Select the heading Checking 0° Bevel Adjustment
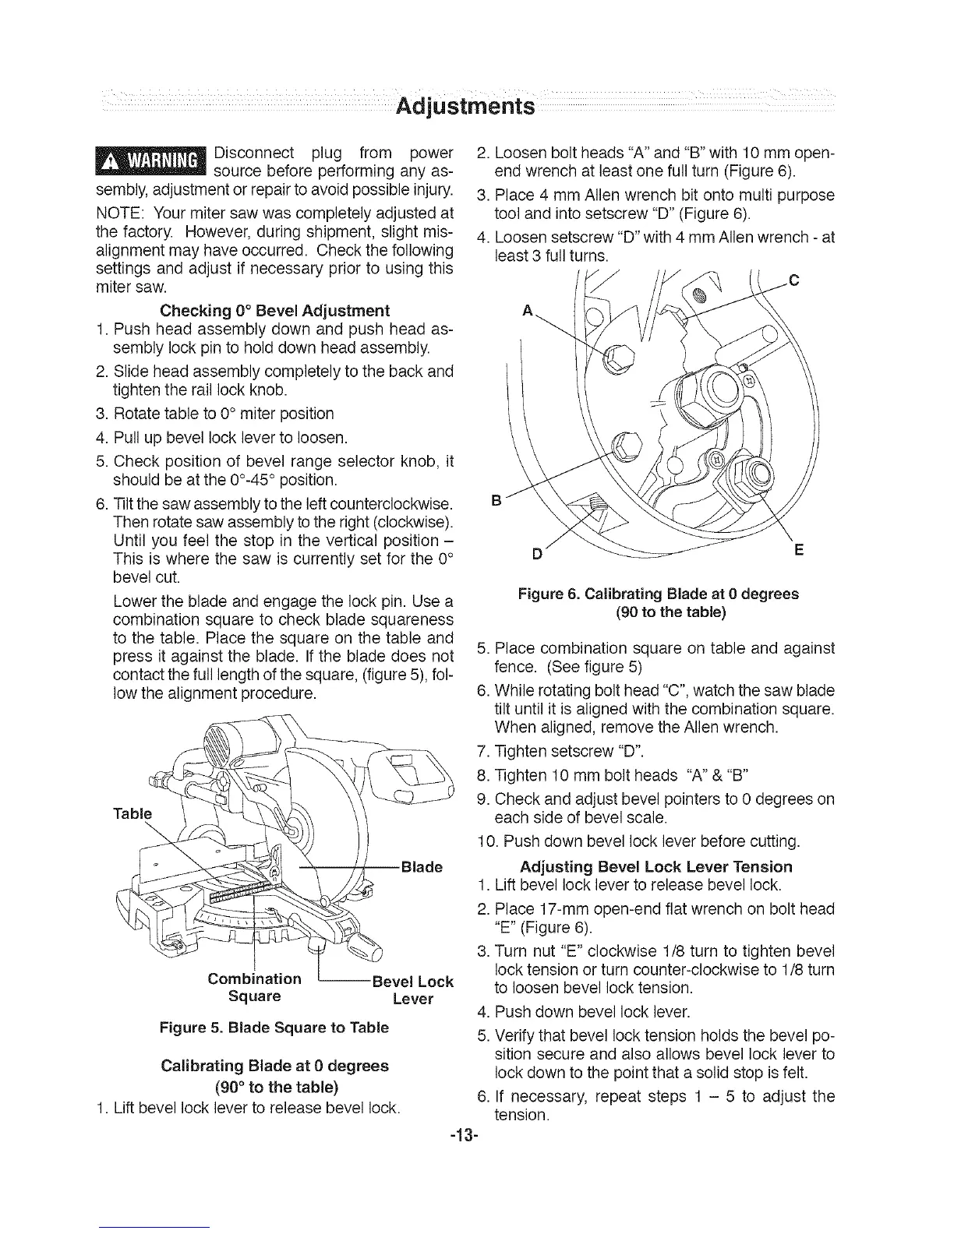tap(274, 312)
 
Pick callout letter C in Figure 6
tap(794, 281)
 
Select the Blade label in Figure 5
tap(421, 867)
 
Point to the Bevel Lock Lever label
tap(413, 989)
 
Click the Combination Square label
tap(255, 987)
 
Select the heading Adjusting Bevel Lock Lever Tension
tap(655, 866)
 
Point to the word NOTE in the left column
tap(117, 212)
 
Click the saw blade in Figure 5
tap(327, 810)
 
